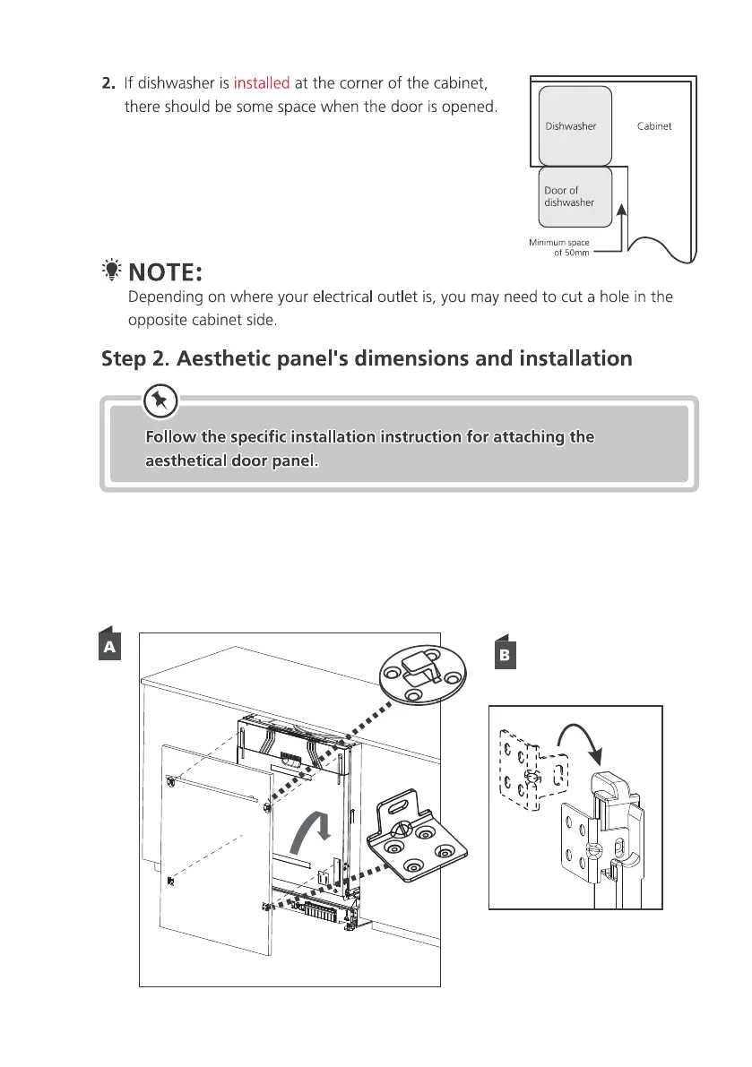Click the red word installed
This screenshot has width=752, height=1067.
pos(261,84)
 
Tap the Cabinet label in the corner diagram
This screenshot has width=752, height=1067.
pos(654,126)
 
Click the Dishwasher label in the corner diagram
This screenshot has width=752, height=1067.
pos(571,126)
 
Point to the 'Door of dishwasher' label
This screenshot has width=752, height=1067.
pos(569,196)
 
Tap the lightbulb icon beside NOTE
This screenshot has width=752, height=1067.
pos(111,269)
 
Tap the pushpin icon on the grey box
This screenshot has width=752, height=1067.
pos(160,400)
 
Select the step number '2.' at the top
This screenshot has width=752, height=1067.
pos(108,84)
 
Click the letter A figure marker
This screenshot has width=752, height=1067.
pos(108,646)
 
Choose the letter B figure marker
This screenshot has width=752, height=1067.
pos(505,655)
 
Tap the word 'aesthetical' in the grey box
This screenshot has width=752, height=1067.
pos(185,463)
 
